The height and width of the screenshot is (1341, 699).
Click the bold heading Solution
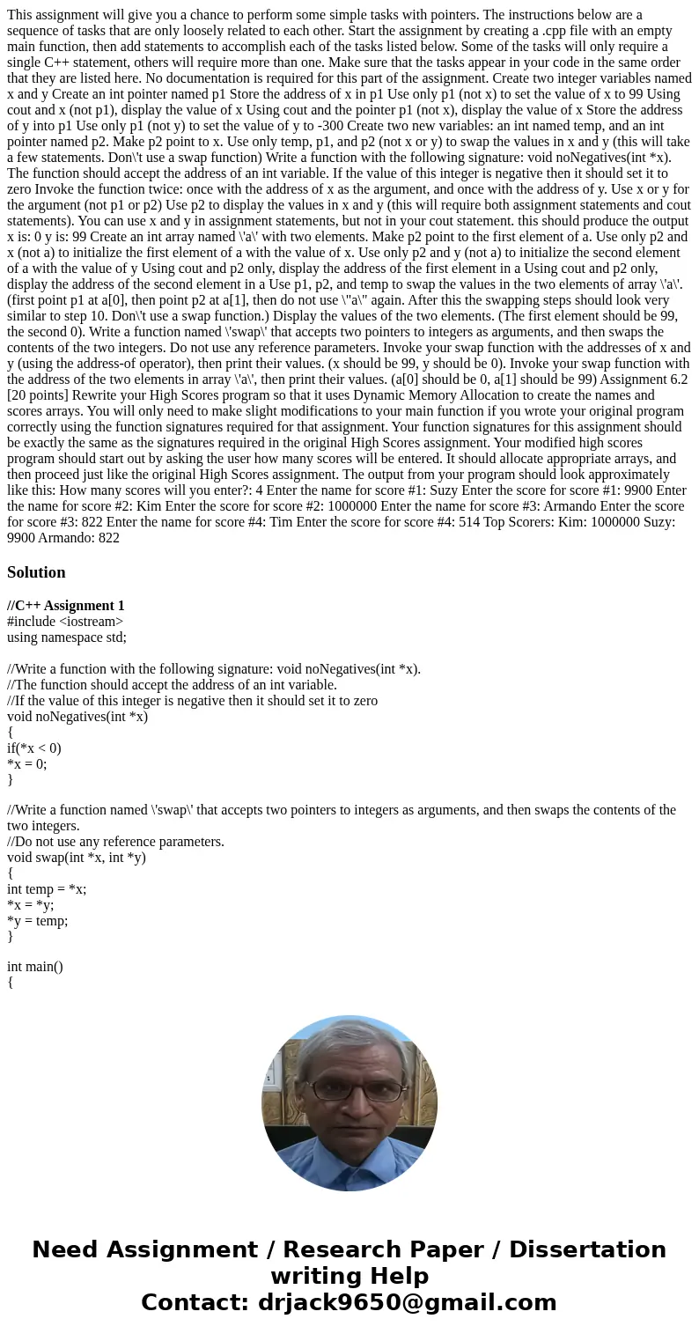click(36, 572)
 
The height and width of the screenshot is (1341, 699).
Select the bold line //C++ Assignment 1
click(66, 606)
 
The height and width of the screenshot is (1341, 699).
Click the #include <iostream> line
click(65, 622)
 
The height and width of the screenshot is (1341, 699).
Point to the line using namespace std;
click(67, 637)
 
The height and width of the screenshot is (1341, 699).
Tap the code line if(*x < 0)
click(34, 748)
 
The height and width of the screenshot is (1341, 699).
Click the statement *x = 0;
click(27, 764)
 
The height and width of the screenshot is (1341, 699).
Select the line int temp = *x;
click(47, 889)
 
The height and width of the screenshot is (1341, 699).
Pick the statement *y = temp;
click(38, 921)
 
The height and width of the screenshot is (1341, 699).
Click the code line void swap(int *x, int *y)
click(77, 858)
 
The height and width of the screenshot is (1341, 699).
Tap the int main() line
click(35, 967)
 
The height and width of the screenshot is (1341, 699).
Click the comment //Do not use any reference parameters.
click(115, 842)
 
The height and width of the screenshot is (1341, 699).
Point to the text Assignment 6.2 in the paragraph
click(644, 379)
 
